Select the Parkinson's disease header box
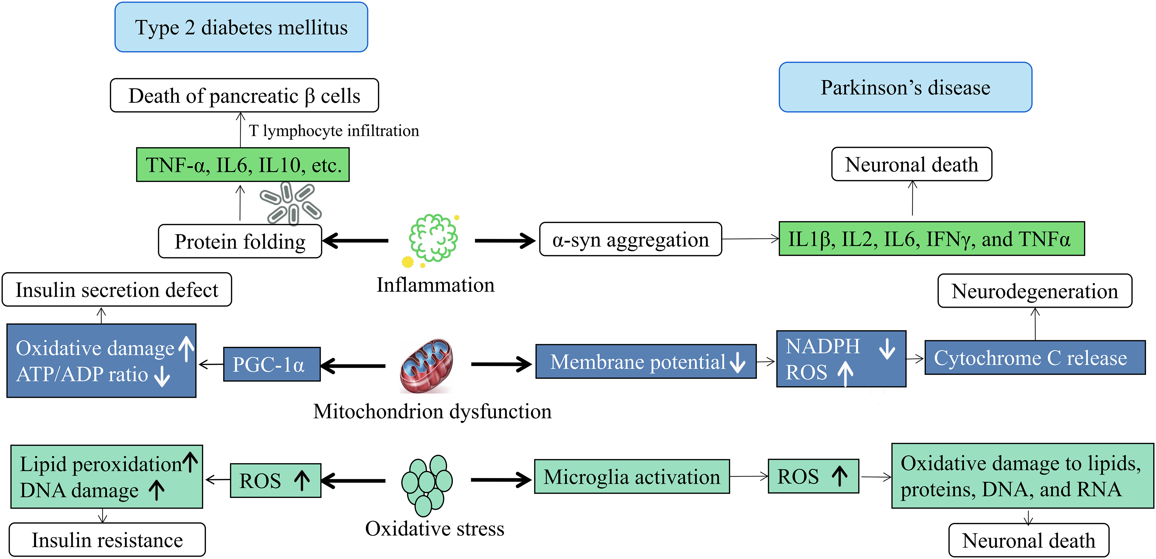pos(905,87)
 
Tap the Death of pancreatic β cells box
pos(244,95)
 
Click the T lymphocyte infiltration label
pos(334,131)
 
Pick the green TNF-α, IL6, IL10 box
pos(243,165)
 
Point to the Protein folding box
pos(240,241)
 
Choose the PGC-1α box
pos(272,364)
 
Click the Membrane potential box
pos(646,361)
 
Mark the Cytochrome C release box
pos(1035,358)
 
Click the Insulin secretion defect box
pos(117,290)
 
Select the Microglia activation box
pos(632,476)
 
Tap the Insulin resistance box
pos(107,540)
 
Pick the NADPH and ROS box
pos(841,359)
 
